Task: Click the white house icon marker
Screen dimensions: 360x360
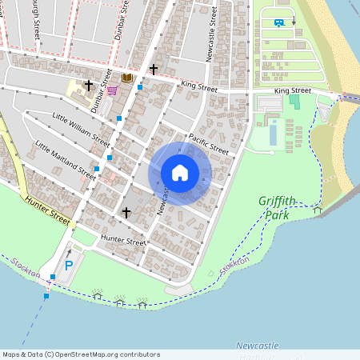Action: [180, 173]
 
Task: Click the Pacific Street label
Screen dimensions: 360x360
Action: [209, 144]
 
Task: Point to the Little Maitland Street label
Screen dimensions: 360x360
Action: [66, 158]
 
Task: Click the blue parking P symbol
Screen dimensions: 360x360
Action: [69, 266]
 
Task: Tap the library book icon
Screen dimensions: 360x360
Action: [126, 78]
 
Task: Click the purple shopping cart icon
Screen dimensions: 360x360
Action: [112, 90]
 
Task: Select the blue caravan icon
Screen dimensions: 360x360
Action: [278, 22]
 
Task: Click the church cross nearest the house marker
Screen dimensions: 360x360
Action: [126, 212]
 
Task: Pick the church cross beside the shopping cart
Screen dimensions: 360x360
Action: [89, 84]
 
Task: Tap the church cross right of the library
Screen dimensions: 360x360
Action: [153, 70]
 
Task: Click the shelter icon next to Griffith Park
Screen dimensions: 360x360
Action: [318, 210]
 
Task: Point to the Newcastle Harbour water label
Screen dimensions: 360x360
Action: [258, 346]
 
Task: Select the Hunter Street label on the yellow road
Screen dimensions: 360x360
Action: [48, 210]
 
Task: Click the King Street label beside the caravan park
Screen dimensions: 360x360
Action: [292, 91]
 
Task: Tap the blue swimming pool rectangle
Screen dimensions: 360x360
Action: [273, 134]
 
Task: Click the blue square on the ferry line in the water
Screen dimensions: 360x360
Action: [46, 296]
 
